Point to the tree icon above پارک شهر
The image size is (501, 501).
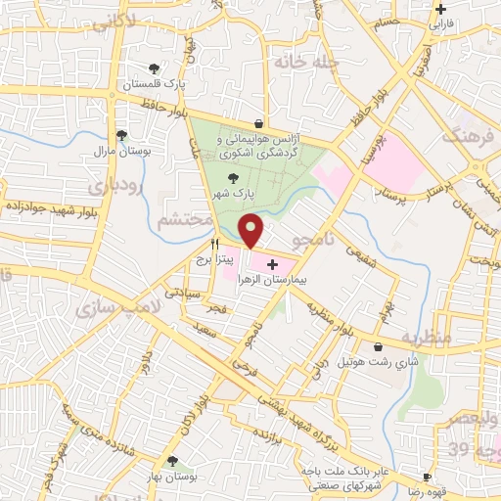point(232,177)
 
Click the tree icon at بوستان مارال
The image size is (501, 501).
point(121,136)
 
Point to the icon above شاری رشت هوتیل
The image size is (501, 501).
point(378,346)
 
